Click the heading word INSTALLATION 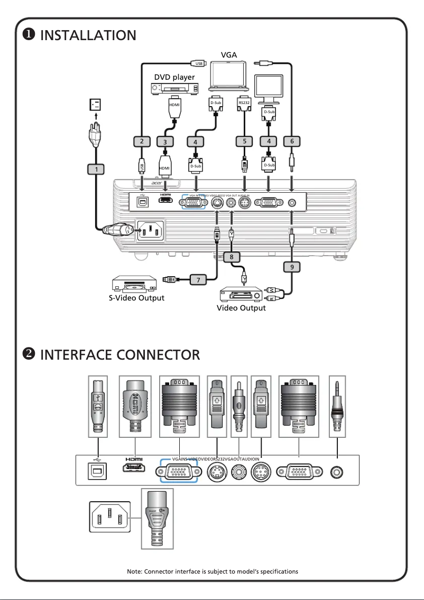(x=88, y=35)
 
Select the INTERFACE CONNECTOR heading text (x=120, y=354)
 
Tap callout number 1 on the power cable (x=96, y=169)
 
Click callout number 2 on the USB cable (x=142, y=142)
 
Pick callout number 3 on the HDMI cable (x=165, y=142)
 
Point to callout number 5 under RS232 (x=244, y=142)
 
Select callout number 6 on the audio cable (x=292, y=142)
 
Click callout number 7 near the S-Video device (x=198, y=279)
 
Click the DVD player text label (x=174, y=77)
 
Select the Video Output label (x=241, y=308)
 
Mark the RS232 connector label (x=244, y=102)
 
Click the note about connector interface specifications (x=213, y=571)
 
